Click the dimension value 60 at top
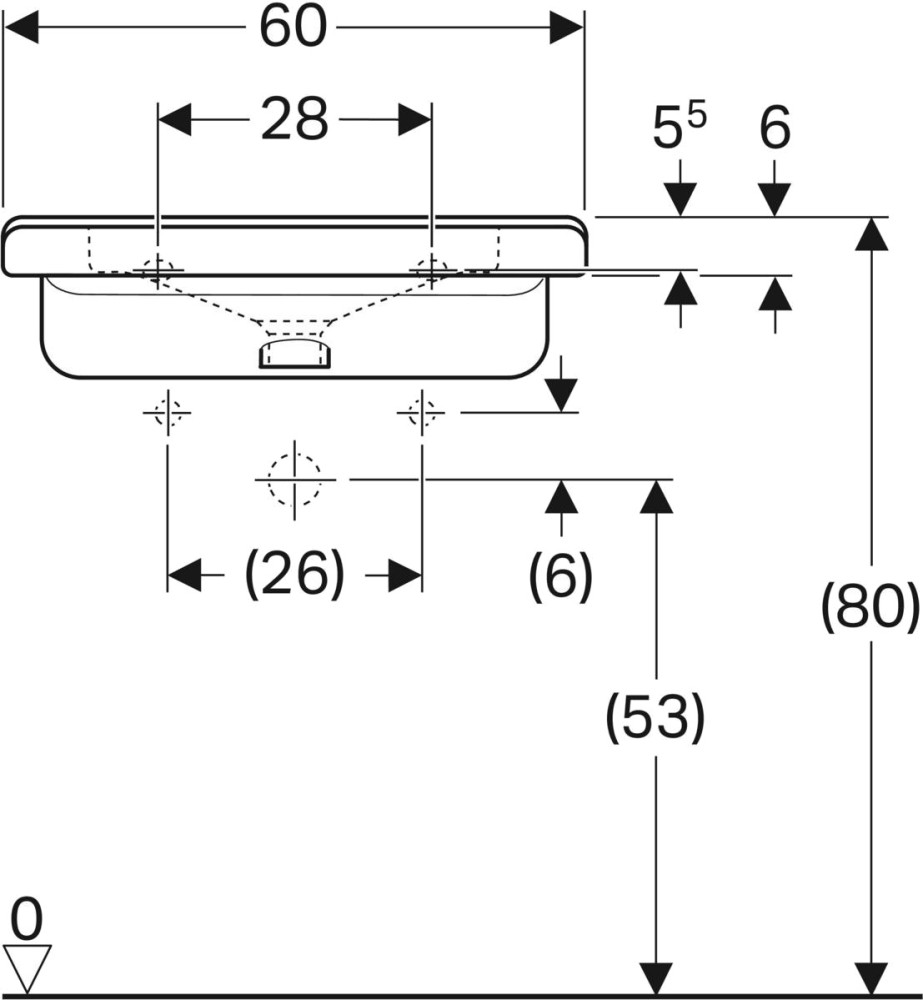[293, 27]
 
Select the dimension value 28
[295, 120]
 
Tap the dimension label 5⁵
[679, 129]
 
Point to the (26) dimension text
[294, 575]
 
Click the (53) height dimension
[655, 717]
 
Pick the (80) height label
[869, 606]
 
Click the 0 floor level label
[27, 915]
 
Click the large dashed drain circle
[294, 479]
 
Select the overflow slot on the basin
[295, 353]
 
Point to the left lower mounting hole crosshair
[167, 411]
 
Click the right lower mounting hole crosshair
[421, 411]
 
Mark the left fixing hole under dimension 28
[158, 268]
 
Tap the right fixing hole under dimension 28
[431, 268]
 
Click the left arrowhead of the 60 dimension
[22, 28]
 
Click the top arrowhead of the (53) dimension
[655, 496]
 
